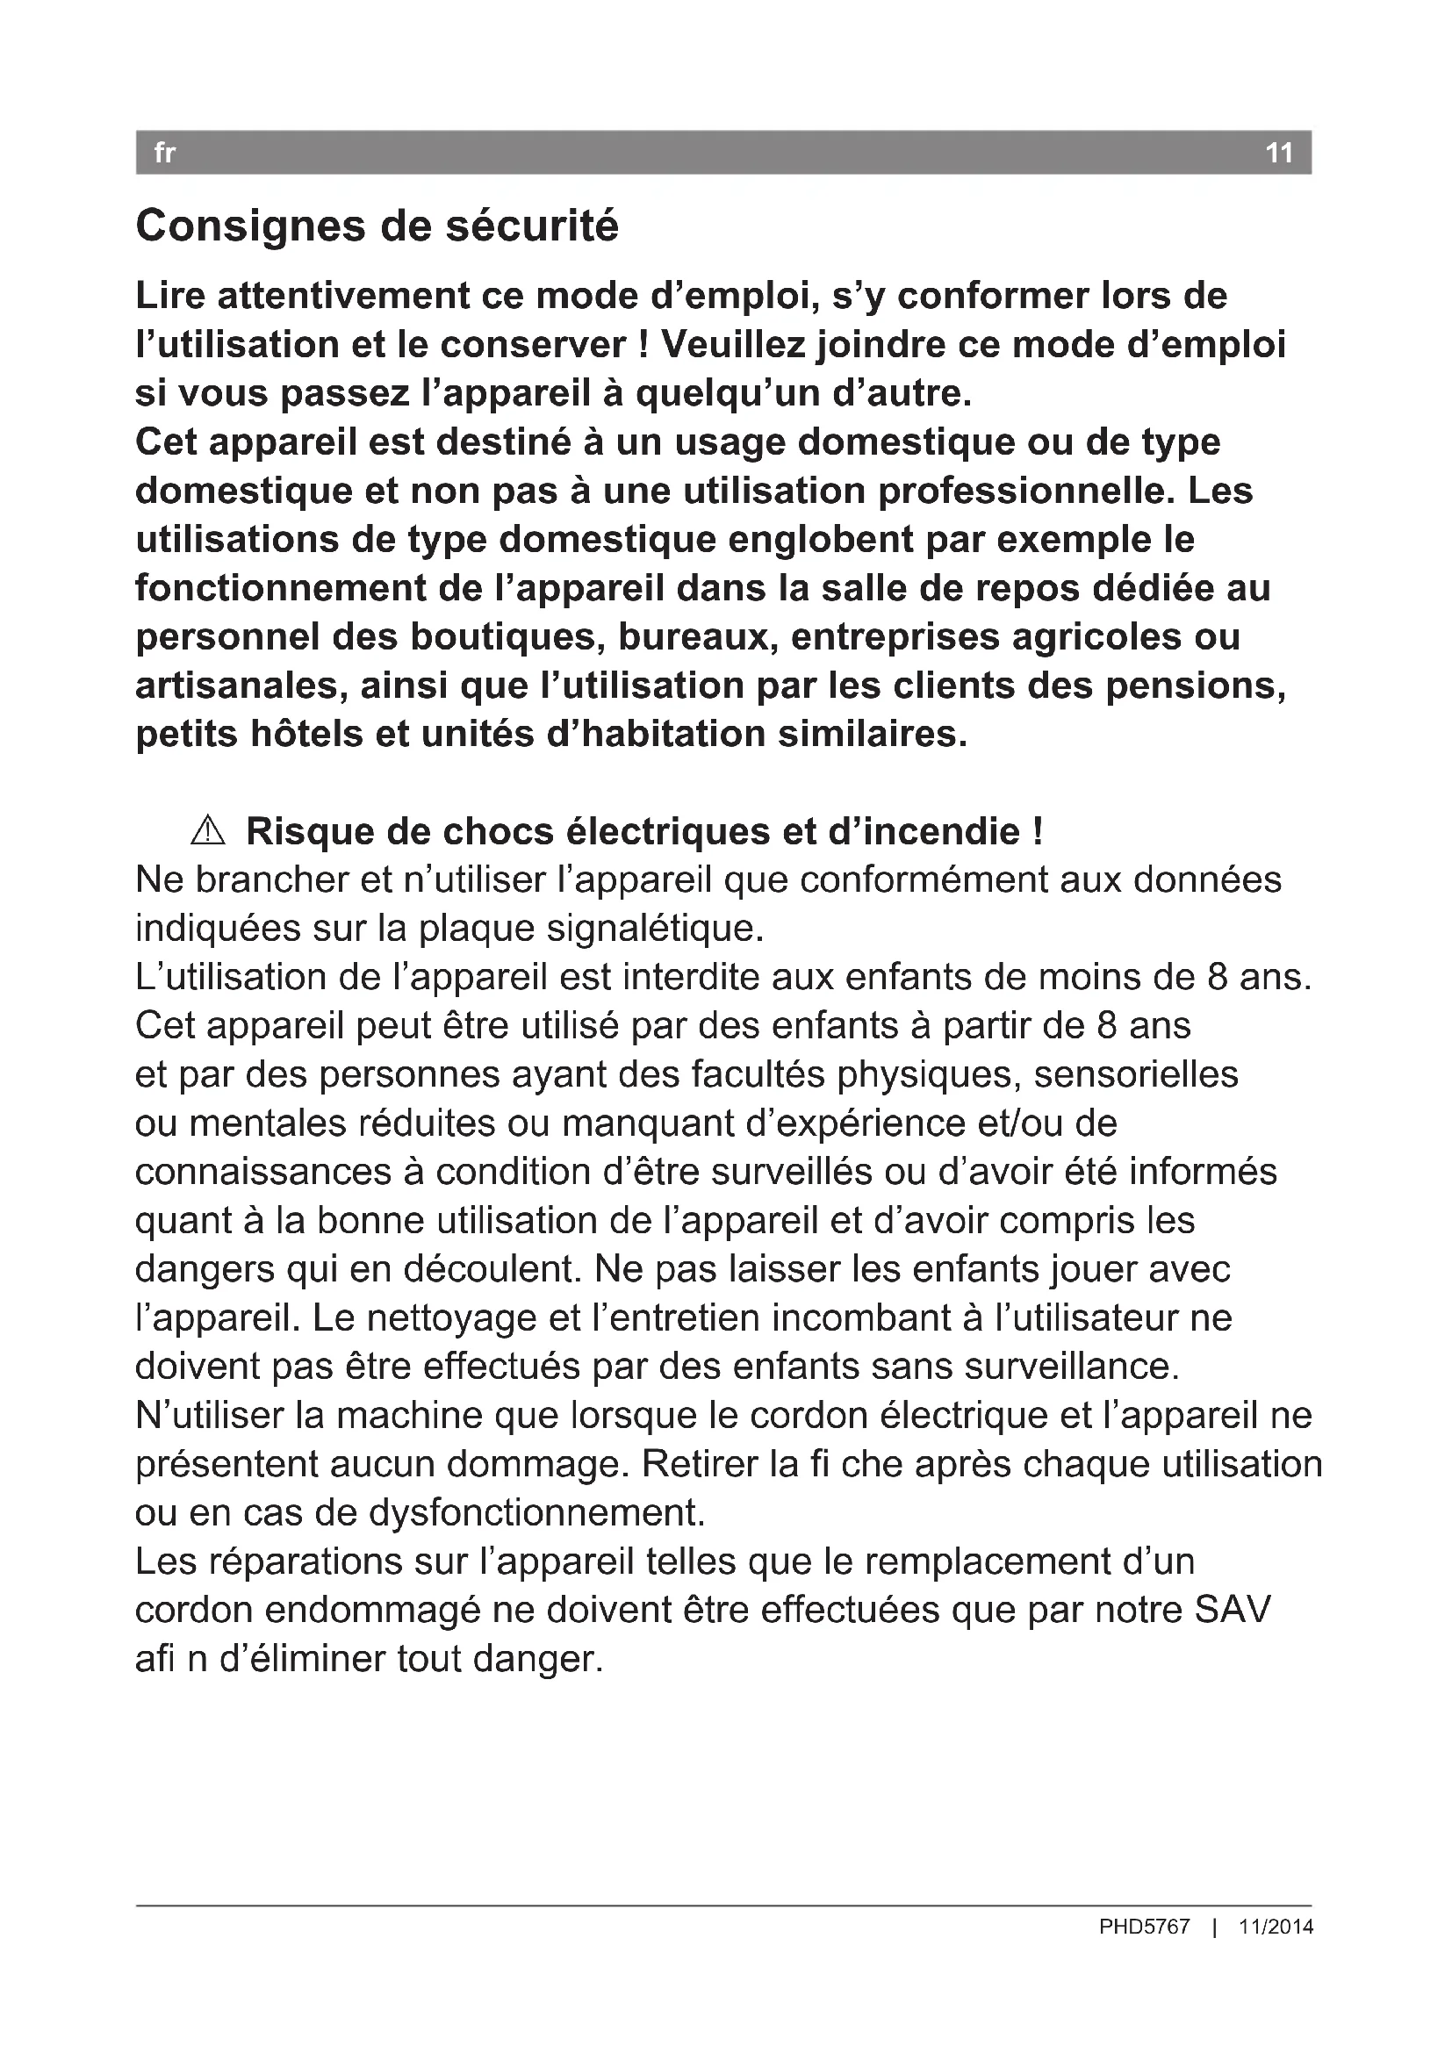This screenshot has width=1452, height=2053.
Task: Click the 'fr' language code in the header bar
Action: click(x=164, y=153)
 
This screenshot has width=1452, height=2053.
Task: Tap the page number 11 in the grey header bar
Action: click(x=1279, y=153)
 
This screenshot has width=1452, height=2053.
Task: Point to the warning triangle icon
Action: click(x=207, y=830)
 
